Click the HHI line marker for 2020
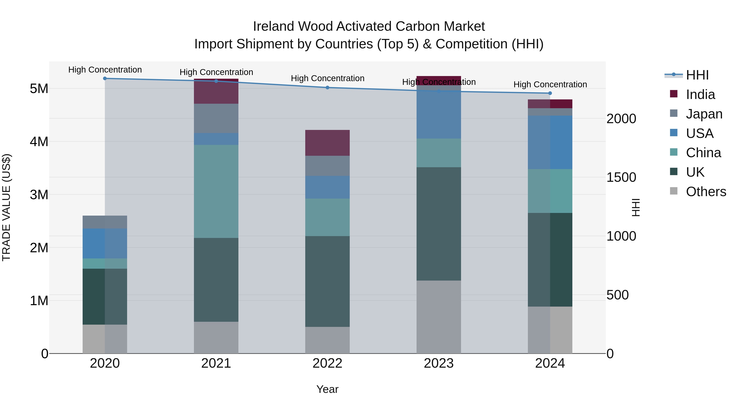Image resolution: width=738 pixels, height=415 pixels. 105,78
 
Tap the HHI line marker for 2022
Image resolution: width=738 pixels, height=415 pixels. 327,88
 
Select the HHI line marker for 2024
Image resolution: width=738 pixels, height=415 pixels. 550,93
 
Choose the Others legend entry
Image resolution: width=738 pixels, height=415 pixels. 706,192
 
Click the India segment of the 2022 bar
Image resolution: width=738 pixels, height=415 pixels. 327,143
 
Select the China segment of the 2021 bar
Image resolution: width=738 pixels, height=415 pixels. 216,191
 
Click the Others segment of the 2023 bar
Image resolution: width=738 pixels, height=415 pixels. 439,317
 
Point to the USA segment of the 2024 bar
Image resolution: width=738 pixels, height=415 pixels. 550,142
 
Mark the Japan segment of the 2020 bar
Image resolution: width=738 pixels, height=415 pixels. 105,222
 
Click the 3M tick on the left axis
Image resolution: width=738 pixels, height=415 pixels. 39,195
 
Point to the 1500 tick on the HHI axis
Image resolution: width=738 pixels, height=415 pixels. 621,177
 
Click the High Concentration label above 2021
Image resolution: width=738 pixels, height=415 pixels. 216,72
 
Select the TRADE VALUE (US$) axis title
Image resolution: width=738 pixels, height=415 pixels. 6,207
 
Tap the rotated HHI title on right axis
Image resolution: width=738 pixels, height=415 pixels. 636,207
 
